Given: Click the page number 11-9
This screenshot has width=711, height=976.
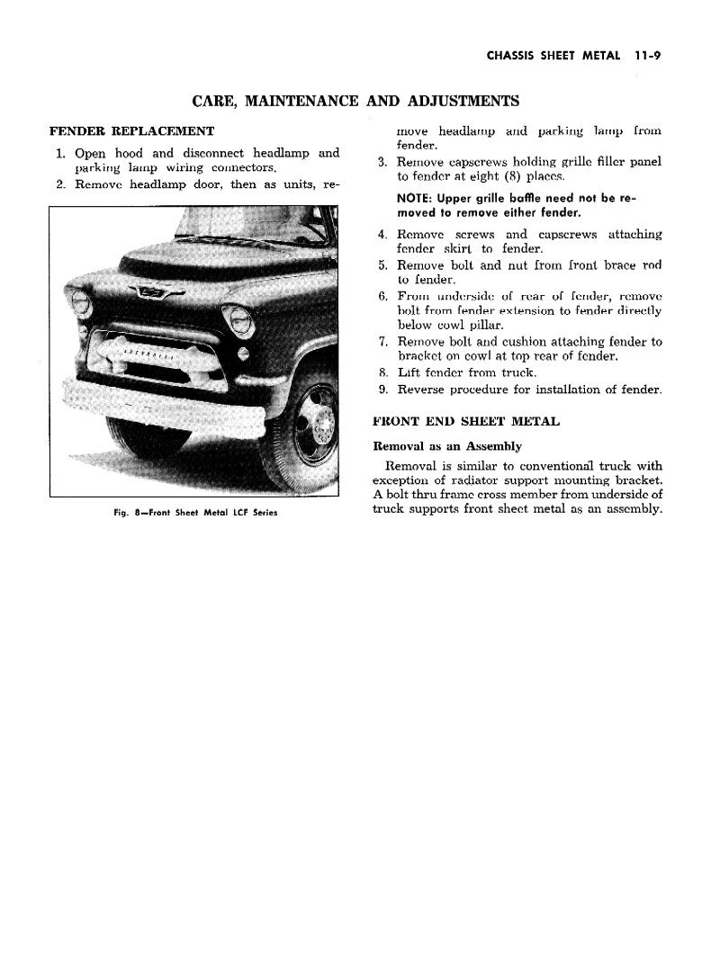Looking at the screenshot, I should [647, 55].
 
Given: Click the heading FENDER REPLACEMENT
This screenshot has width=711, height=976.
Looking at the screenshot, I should [131, 131].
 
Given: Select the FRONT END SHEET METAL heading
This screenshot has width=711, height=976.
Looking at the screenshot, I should [466, 421].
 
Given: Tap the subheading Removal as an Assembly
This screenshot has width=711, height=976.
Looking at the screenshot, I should [447, 446].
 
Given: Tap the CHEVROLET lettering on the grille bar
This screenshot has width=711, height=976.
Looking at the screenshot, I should [143, 352].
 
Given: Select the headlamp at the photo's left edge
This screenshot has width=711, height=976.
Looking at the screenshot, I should [81, 302].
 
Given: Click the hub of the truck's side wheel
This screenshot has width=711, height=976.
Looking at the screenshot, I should [317, 425].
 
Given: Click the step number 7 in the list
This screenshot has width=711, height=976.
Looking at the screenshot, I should [383, 342].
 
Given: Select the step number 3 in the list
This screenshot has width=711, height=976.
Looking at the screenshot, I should [383, 162].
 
